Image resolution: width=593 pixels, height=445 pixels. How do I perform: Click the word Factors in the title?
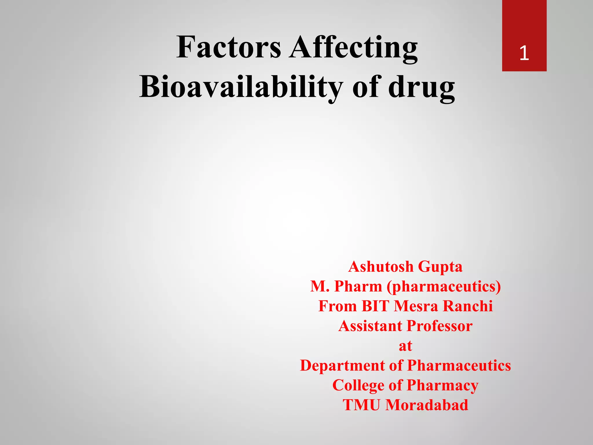point(229,47)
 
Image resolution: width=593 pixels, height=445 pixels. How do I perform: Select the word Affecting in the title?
point(354,47)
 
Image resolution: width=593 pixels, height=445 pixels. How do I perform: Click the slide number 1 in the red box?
point(524,54)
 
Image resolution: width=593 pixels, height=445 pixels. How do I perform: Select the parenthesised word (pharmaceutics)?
point(444,287)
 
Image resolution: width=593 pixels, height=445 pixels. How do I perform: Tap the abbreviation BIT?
point(375,306)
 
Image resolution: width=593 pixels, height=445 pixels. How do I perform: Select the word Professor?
point(440,326)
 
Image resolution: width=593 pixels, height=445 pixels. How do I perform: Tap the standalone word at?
point(405,346)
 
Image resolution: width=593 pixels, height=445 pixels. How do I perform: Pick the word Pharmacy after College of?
point(442,385)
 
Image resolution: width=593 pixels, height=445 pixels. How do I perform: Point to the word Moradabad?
point(427,405)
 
